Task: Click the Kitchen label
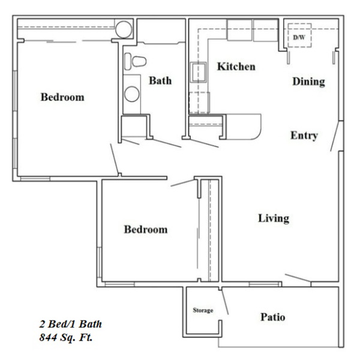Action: pos(236,67)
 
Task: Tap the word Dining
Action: pos(309,82)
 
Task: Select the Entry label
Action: pos(304,135)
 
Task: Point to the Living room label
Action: pos(274,218)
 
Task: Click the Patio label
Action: pos(273,317)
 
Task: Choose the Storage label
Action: pos(203,310)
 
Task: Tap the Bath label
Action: pos(160,80)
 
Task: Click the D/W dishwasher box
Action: pos(299,35)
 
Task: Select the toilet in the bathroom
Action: pos(135,61)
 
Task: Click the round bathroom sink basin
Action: pos(132,94)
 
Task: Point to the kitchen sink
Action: pos(199,72)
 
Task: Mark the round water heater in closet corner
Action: pos(124,29)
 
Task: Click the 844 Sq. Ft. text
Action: pos(66,337)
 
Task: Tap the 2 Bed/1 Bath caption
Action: pos(70,324)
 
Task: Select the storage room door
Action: pos(224,301)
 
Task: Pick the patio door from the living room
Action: pos(298,278)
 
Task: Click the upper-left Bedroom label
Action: pos(62,97)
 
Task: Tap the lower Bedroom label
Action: pos(146,229)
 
